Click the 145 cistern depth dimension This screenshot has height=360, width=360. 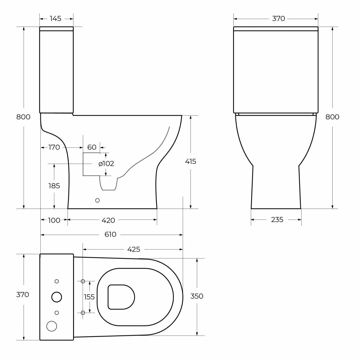56,19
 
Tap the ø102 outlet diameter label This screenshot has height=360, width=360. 106,164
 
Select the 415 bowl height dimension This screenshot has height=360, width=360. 191,161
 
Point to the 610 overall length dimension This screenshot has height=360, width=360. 110,234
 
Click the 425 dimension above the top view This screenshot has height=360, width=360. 134,249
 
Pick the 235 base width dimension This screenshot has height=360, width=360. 277,220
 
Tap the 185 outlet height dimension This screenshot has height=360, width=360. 54,186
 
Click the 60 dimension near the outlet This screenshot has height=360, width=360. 92,147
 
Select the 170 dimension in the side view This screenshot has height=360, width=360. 54,147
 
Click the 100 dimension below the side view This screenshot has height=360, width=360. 54,220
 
